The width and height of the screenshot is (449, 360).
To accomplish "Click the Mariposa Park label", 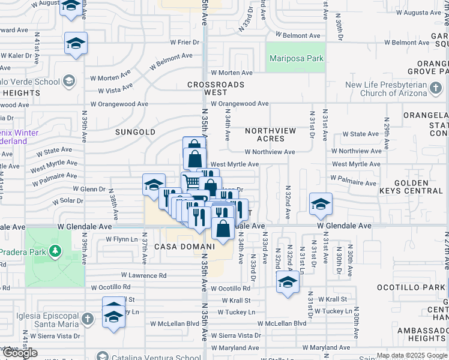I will (297, 58).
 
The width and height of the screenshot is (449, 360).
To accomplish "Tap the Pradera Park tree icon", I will (56, 250).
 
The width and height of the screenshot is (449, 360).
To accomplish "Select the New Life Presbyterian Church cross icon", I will (435, 89).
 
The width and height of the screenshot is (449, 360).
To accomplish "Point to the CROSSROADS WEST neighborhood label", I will (215, 89).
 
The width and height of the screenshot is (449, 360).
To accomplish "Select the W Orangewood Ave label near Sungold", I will (120, 104).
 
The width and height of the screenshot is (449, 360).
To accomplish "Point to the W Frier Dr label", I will (184, 43).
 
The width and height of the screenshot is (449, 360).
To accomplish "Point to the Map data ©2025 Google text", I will (411, 355).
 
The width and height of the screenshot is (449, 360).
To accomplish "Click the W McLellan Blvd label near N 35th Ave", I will (175, 323).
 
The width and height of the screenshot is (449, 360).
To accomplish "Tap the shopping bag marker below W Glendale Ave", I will (223, 229).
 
